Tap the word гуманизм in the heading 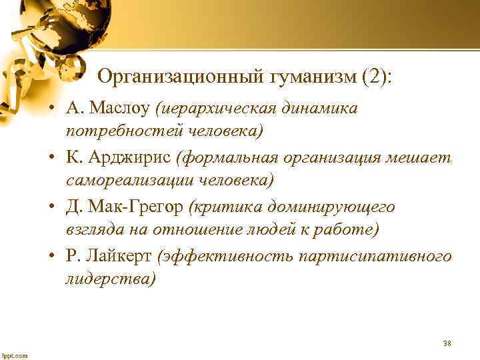tap(310, 78)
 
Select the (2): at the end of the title tap(377, 78)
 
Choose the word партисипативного tap(376, 257)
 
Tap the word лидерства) tap(110, 279)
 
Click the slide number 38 tap(447, 343)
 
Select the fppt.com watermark tap(15, 355)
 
